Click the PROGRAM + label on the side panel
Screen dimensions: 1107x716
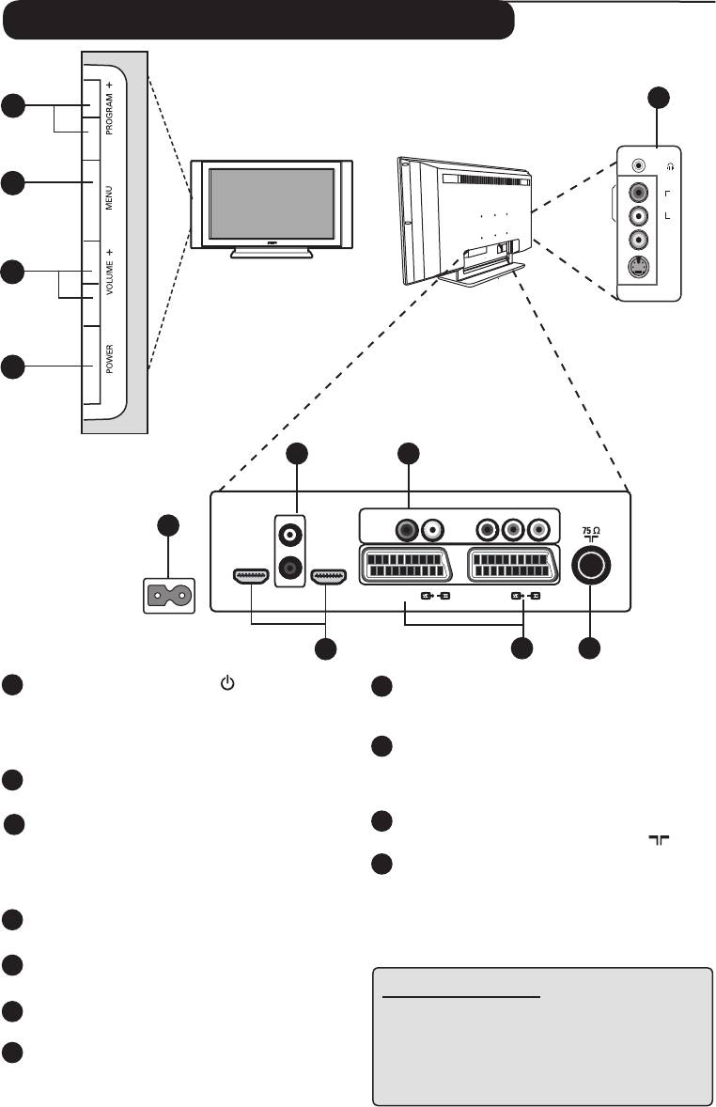click(110, 108)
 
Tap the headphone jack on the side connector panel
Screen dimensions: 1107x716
click(640, 164)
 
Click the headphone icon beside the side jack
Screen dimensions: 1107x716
click(669, 165)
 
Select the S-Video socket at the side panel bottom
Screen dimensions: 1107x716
click(640, 269)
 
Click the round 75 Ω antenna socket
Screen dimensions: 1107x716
click(590, 566)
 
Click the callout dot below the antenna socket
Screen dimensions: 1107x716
click(590, 647)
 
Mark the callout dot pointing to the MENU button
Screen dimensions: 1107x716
click(12, 182)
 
